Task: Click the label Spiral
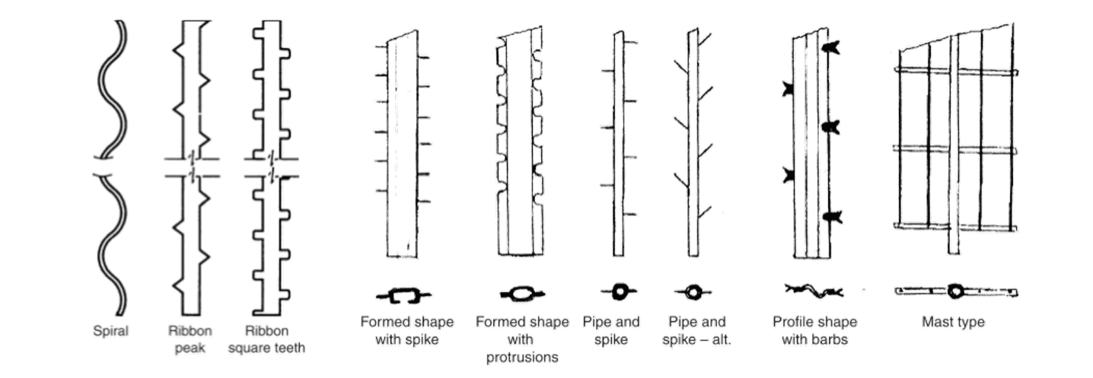pyautogui.click(x=110, y=332)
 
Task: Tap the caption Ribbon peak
pyautogui.click(x=190, y=339)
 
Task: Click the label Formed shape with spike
pyautogui.click(x=406, y=330)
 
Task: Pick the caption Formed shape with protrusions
pyautogui.click(x=522, y=339)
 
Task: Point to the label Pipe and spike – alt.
pyautogui.click(x=696, y=330)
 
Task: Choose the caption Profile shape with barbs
pyautogui.click(x=814, y=330)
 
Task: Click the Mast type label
pyautogui.click(x=953, y=322)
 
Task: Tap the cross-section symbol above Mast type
pyautogui.click(x=956, y=291)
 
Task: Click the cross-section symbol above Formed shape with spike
pyautogui.click(x=403, y=294)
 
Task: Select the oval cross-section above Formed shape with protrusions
pyautogui.click(x=522, y=293)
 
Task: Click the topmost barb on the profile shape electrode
pyautogui.click(x=830, y=47)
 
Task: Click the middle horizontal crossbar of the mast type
pyautogui.click(x=956, y=149)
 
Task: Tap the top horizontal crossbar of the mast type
pyautogui.click(x=956, y=71)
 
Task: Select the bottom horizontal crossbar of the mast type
pyautogui.click(x=956, y=226)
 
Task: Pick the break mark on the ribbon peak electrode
pyautogui.click(x=192, y=167)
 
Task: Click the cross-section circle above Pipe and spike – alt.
pyautogui.click(x=693, y=291)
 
